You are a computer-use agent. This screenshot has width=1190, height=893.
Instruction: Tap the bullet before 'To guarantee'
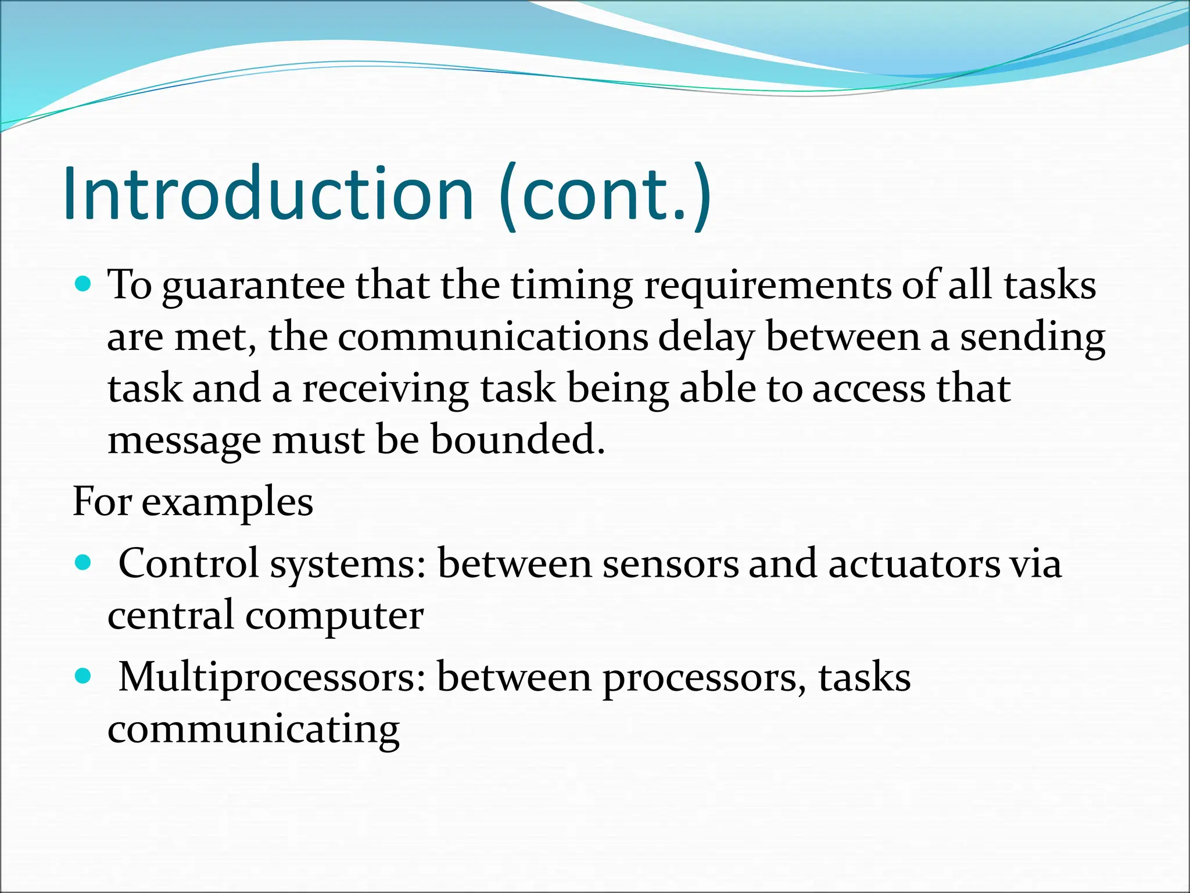coord(84,284)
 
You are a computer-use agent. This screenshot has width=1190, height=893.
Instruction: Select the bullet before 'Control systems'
coord(84,562)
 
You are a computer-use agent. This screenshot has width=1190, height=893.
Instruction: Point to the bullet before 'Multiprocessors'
coord(84,676)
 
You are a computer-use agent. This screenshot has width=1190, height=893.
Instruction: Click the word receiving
coord(385,389)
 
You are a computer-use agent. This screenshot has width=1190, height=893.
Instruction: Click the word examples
coord(227,503)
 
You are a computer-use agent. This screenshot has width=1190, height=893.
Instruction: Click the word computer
coord(334,616)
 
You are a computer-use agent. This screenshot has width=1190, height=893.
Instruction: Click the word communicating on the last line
coord(253,729)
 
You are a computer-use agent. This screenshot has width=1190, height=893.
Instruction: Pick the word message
coord(184,441)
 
